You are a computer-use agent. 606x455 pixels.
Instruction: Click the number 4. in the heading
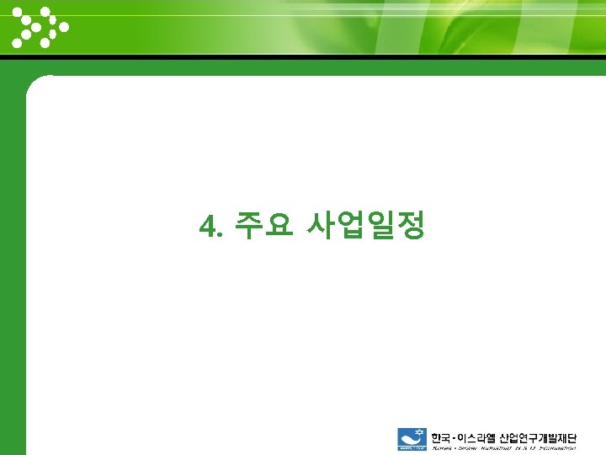[210, 226]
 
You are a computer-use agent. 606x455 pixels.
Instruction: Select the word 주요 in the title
[263, 225]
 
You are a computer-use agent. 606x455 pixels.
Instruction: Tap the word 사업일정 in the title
[365, 225]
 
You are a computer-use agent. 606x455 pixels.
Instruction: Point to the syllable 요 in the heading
[278, 225]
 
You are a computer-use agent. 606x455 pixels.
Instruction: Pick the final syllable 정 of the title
[412, 225]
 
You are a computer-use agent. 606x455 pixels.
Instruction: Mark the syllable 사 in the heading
[321, 225]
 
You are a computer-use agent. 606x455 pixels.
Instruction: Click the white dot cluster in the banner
[39, 27]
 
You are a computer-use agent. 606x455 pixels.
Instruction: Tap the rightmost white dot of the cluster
[64, 26]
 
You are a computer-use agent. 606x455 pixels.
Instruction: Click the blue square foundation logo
[412, 440]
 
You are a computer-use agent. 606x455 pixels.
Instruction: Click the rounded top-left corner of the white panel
[35, 84]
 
